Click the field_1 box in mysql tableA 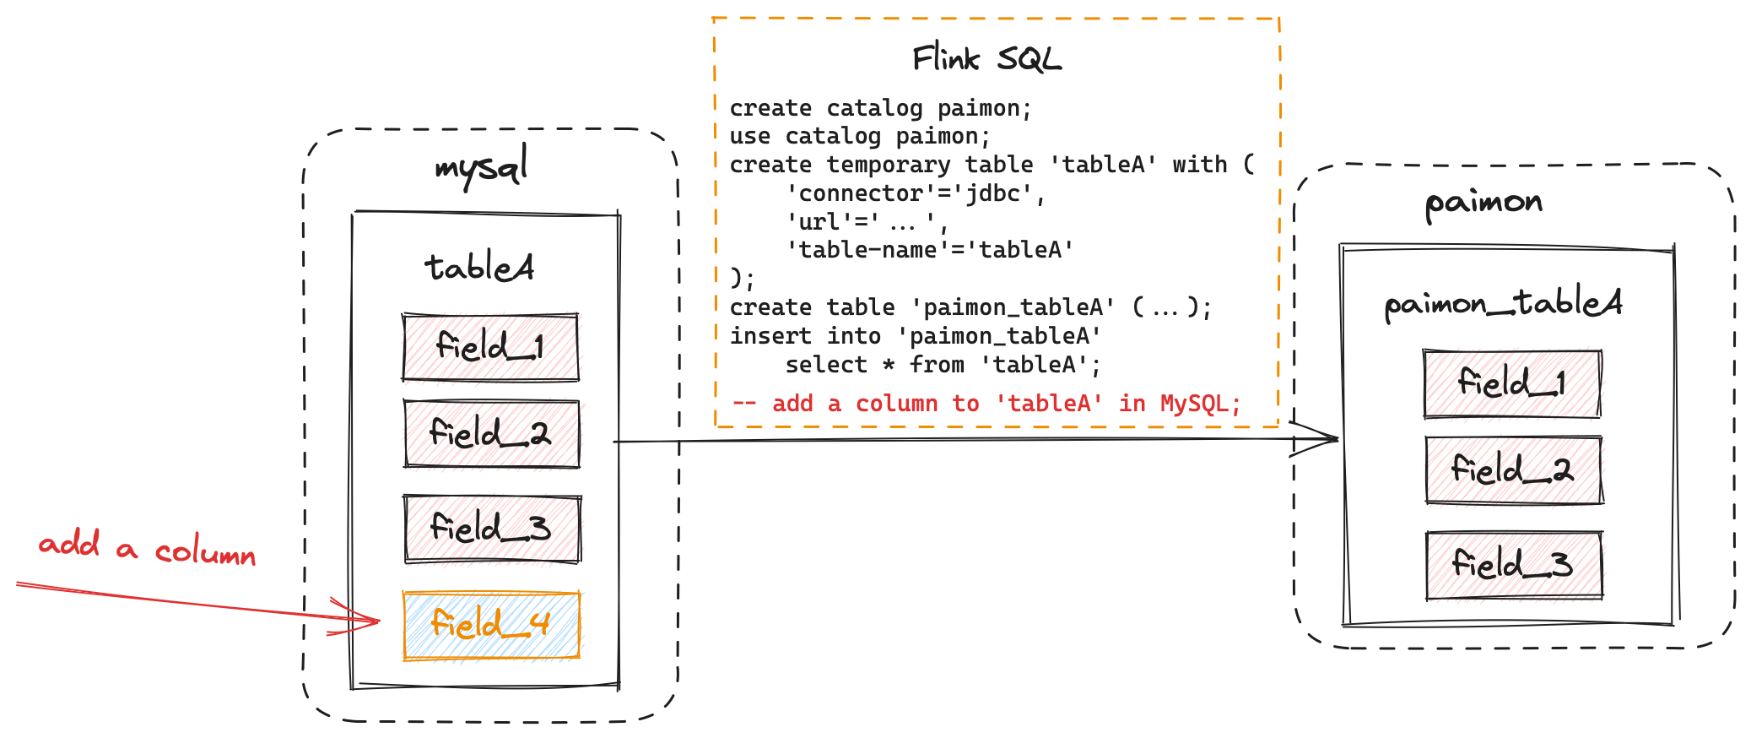(490, 347)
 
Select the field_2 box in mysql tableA (491, 434)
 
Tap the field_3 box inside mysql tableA (492, 529)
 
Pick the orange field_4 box (491, 625)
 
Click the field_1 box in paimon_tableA (1511, 383)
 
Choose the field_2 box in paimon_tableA (1514, 469)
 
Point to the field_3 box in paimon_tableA (1514, 565)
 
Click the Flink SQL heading (986, 59)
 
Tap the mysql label (482, 166)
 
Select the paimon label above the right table (1483, 203)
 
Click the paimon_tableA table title (1503, 303)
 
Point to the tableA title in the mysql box (479, 268)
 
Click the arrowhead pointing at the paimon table (1333, 439)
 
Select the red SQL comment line (986, 404)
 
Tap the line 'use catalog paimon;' (859, 136)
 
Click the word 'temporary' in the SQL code (888, 165)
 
